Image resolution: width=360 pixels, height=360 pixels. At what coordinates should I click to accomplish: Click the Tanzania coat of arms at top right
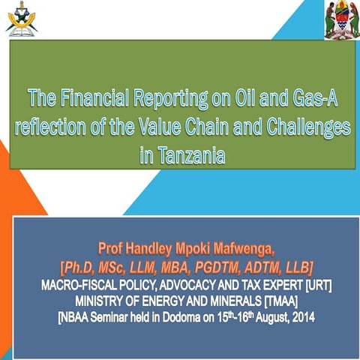coord(340,19)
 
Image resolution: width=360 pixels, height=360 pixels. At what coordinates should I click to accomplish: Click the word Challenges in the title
coord(305,127)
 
